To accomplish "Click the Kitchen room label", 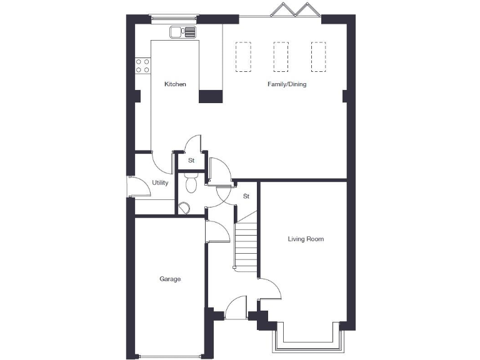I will click(175, 84).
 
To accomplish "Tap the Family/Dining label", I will click(287, 84).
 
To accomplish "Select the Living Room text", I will click(306, 239).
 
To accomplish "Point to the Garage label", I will click(170, 279).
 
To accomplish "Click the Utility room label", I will click(161, 182).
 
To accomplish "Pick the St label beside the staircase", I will click(246, 196).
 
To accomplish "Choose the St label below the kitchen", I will click(192, 161).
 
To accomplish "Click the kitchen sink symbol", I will click(182, 32).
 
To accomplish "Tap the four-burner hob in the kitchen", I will click(142, 65).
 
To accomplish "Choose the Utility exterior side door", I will click(130, 187).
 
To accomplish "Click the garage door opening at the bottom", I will click(170, 356).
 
